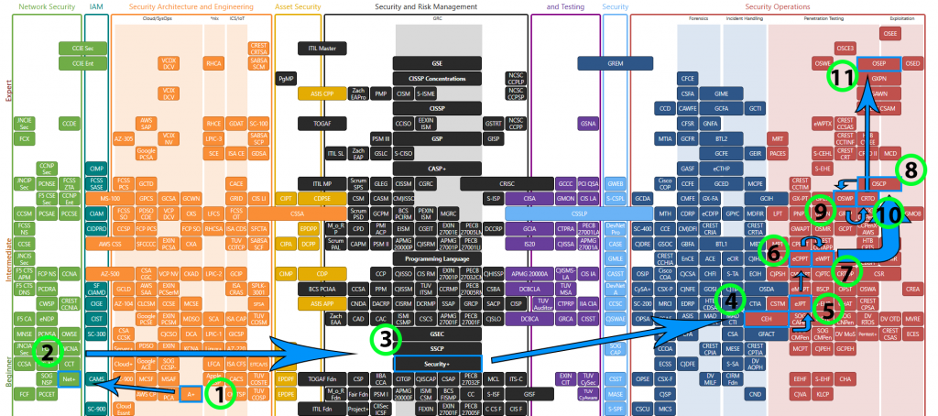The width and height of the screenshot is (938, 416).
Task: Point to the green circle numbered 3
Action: (387, 340)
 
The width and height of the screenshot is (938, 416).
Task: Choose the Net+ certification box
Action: (68, 378)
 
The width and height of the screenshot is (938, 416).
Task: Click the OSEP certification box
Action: (878, 64)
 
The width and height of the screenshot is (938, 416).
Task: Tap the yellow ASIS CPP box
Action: (322, 93)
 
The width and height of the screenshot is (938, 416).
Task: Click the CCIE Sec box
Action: (77, 48)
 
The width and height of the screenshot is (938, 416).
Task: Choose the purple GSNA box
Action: (588, 123)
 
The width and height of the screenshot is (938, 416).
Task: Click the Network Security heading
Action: (47, 6)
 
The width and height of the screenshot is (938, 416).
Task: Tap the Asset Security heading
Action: (298, 6)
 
